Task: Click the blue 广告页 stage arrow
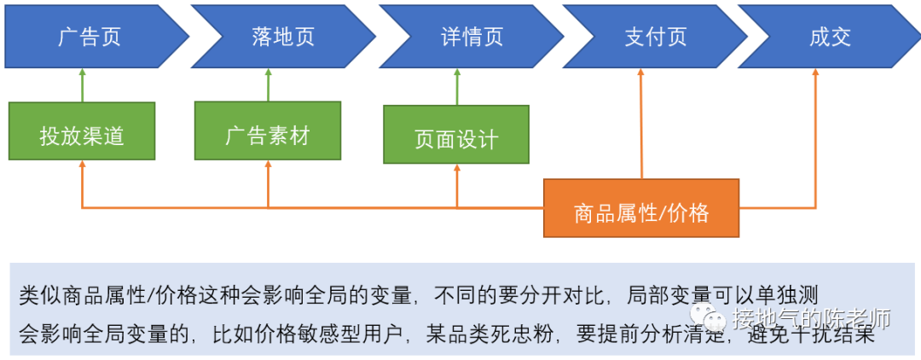tap(90, 36)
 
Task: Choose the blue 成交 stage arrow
tap(827, 36)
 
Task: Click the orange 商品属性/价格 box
tap(641, 208)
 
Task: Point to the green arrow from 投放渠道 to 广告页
tap(82, 85)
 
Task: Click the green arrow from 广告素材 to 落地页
tap(268, 85)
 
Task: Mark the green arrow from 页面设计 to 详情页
tap(456, 87)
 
